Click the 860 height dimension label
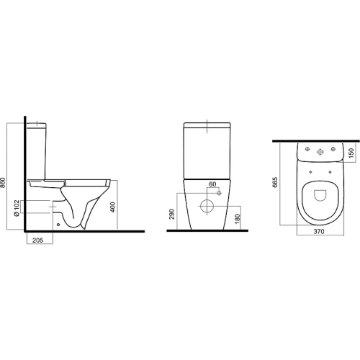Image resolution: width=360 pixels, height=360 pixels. coord(3,183)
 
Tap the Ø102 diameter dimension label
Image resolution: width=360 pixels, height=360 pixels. coord(17,208)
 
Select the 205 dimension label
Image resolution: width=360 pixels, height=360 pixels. coord(37,240)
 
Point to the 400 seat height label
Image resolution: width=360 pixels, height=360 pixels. coord(112,207)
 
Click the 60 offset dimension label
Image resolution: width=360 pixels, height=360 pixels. coord(212,184)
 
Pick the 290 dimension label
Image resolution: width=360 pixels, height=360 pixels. coord(172,214)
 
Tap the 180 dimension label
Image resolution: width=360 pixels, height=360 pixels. coord(237,219)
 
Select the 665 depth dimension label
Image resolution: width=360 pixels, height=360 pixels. coord(275,182)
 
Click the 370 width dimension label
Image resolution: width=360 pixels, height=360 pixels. coord(319,232)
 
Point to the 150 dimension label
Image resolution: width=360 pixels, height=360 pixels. coord(351,153)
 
